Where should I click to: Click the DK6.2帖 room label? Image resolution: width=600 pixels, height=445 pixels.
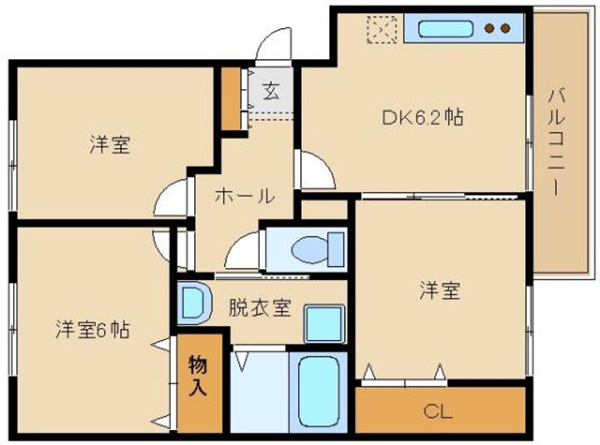[x=422, y=117]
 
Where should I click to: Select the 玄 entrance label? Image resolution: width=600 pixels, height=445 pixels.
[x=271, y=92]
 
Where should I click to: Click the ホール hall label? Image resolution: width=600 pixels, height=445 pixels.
[x=244, y=196]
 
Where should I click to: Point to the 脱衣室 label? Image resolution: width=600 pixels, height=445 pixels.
[x=260, y=307]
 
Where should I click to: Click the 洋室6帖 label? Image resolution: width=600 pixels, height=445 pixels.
[x=92, y=329]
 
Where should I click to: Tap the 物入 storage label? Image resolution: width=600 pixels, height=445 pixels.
[x=197, y=375]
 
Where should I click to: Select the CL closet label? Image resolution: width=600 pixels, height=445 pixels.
[x=437, y=412]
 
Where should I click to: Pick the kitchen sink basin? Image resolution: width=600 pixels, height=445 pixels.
[x=446, y=28]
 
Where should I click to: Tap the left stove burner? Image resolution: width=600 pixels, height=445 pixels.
[x=489, y=28]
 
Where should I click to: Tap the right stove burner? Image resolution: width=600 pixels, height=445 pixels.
[x=506, y=28]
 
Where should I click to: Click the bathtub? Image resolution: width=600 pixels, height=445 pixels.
[x=318, y=392]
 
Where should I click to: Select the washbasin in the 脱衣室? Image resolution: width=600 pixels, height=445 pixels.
[x=194, y=302]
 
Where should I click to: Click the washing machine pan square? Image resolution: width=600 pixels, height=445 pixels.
[x=324, y=323]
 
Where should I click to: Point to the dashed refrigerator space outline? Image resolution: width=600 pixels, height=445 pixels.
[x=382, y=29]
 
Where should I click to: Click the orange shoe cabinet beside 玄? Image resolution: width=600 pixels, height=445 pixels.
[x=231, y=98]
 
